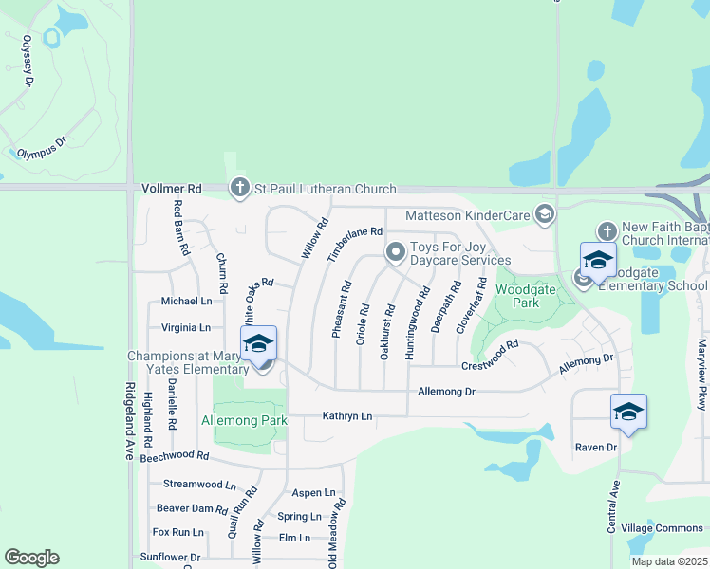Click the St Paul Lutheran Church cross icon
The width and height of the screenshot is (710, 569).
pos(239,189)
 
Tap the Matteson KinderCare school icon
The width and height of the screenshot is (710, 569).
pos(545,215)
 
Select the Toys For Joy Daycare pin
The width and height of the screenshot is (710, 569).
pos(396,252)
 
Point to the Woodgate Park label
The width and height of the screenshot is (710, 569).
pos(517,295)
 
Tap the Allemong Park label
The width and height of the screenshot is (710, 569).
pos(243,419)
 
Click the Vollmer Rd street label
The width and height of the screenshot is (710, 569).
pos(173,189)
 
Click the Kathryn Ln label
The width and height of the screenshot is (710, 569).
pos(347,415)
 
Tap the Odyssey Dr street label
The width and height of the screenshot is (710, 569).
pos(28,62)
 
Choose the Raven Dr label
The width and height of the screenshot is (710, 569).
pos(596,447)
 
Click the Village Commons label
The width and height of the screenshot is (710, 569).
pos(663,528)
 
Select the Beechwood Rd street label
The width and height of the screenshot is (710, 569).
pos(174,457)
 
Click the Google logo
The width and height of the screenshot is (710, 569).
pos(31,558)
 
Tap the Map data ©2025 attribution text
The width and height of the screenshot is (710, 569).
pos(670,561)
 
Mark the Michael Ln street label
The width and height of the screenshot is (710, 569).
pos(186,301)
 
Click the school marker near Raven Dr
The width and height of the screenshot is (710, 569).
pos(628,413)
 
